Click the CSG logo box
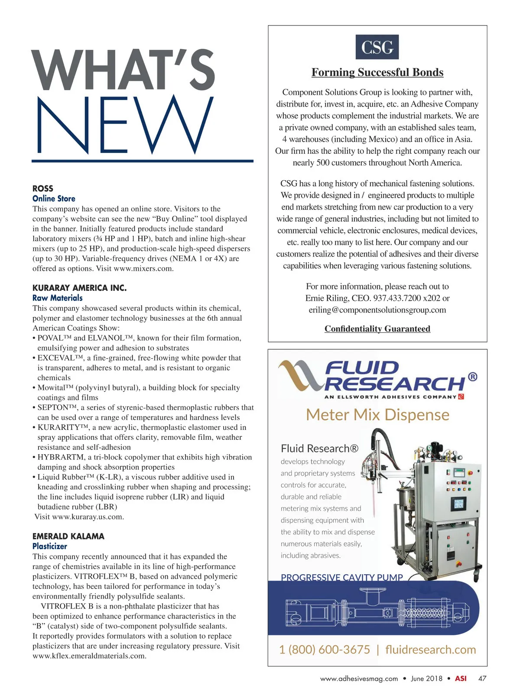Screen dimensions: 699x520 [x=377, y=47]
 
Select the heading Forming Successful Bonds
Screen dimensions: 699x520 [x=377, y=72]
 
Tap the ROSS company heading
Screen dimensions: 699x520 [x=43, y=189]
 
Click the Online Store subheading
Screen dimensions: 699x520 [x=54, y=198]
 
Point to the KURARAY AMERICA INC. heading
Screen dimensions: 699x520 [x=79, y=288]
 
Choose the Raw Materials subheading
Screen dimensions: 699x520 [x=57, y=298]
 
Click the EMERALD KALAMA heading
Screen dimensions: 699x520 [x=68, y=536]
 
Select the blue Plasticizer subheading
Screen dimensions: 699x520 [x=50, y=546]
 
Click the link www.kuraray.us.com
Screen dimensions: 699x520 [x=88, y=517]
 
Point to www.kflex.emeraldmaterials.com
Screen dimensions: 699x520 [x=89, y=656]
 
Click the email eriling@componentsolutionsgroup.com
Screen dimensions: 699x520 [x=377, y=310]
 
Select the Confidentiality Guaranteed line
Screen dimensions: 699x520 [x=377, y=329]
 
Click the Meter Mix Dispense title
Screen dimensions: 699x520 [x=377, y=415]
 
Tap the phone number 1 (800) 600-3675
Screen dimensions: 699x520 [x=325, y=650]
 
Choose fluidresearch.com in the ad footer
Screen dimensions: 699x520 [x=430, y=650]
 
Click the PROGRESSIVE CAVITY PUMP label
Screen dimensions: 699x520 [x=342, y=577]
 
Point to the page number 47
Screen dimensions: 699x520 [x=482, y=679]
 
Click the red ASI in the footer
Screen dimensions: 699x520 [x=461, y=679]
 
